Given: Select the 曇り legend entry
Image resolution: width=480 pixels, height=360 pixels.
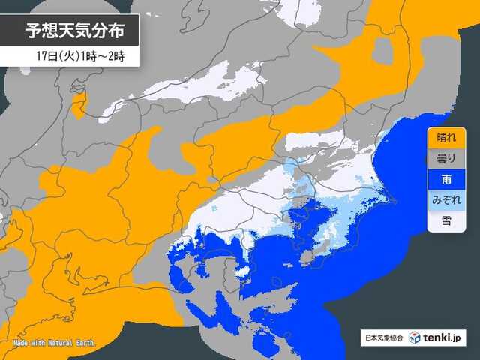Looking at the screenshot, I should [x=445, y=159].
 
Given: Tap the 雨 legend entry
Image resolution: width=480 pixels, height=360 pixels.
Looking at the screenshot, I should [x=445, y=179].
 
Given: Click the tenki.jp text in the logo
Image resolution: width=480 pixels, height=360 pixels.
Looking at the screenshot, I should [x=443, y=338].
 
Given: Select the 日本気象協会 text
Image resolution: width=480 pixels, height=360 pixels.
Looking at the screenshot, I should [x=382, y=338].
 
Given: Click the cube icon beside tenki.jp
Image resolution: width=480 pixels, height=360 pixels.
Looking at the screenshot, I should [x=414, y=338].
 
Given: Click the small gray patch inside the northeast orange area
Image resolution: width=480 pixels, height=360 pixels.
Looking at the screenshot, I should [x=382, y=51].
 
